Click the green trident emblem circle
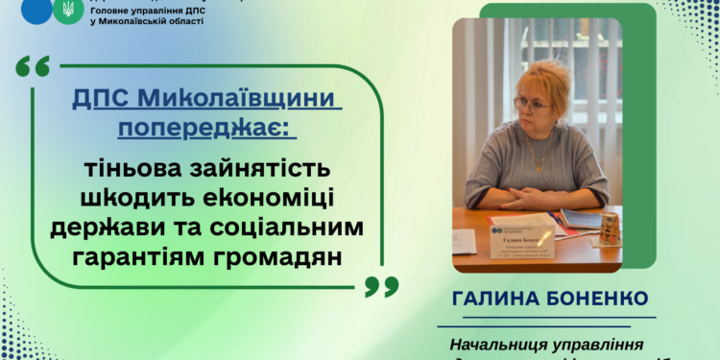[x=67, y=11]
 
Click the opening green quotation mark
[x=33, y=68]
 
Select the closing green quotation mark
[x=382, y=285]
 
